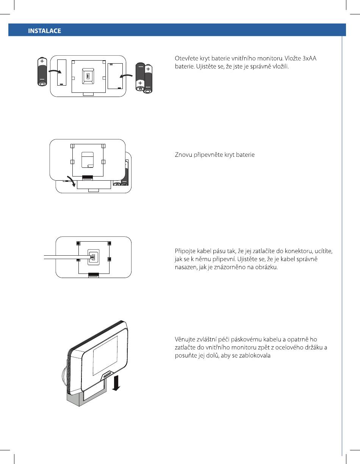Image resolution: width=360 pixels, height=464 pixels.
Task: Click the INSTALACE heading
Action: click(45, 31)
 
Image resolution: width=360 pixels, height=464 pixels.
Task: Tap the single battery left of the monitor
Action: click(42, 72)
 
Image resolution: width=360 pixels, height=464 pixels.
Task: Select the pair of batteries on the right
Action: click(144, 78)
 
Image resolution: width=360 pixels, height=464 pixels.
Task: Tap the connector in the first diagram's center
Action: click(88, 76)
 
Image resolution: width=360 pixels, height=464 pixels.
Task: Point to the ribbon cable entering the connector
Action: click(66, 258)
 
